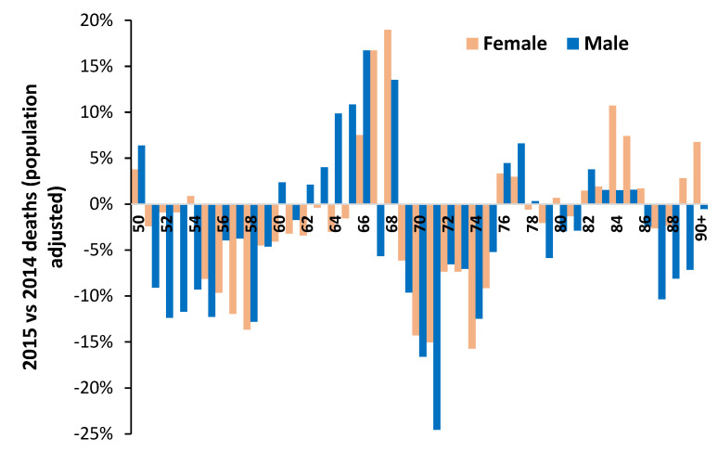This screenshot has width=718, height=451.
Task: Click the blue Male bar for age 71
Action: pyautogui.click(x=436, y=316)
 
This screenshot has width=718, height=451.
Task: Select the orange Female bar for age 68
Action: pyautogui.click(x=388, y=117)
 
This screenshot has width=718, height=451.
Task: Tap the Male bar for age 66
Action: pyautogui.click(x=366, y=127)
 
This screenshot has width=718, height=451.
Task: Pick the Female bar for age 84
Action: pyautogui.click(x=612, y=155)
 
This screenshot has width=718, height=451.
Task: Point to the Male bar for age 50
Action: pyautogui.click(x=142, y=174)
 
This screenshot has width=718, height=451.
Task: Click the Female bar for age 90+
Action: pyautogui.click(x=697, y=174)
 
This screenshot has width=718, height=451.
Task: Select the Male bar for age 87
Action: pyautogui.click(x=661, y=251)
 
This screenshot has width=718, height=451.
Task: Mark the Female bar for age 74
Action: pyautogui.click(x=471, y=277)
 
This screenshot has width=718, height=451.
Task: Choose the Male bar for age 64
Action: pyautogui.click(x=339, y=159)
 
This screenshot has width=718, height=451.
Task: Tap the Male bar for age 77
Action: pyautogui.click(x=521, y=174)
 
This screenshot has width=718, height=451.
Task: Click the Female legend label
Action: pyautogui.click(x=515, y=44)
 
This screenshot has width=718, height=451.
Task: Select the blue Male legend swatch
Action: pyautogui.click(x=573, y=44)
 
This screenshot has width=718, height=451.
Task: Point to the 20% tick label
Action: pyautogui.click(x=97, y=20)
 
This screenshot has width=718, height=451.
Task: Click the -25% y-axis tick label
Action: pyautogui.click(x=95, y=433)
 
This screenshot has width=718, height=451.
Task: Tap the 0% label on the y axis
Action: pyautogui.click(x=101, y=204)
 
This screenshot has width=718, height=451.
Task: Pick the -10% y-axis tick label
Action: pyautogui.click(x=95, y=296)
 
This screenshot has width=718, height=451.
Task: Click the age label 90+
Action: pyautogui.click(x=701, y=228)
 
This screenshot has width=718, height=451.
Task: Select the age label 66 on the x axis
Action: pyautogui.click(x=364, y=224)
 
